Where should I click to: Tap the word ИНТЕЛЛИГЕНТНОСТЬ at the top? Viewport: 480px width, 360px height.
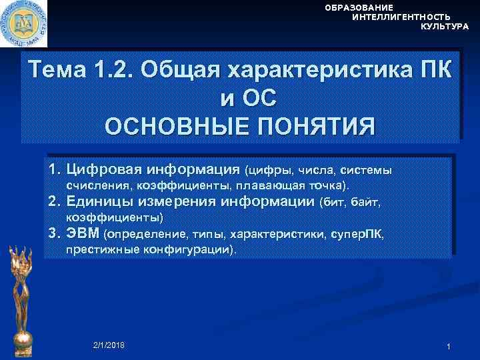click(401, 17)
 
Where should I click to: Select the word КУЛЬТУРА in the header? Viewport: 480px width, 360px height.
click(445, 27)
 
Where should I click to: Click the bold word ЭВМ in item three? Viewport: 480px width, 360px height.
click(83, 234)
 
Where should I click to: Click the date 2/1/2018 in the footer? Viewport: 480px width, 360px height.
click(109, 345)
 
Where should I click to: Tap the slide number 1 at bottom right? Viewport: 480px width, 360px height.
click(449, 347)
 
